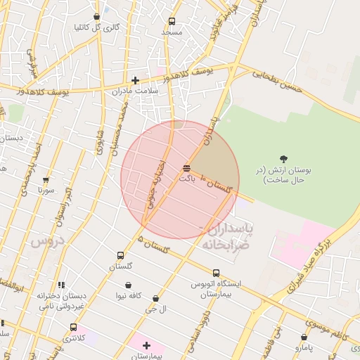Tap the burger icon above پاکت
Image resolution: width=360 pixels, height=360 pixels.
[186, 168]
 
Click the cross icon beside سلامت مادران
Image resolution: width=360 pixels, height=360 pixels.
[135, 80]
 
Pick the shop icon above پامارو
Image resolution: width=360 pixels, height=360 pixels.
[304, 337]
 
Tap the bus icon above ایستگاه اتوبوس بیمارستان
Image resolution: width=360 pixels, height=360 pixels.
[216, 273]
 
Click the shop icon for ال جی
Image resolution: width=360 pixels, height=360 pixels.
[155, 299]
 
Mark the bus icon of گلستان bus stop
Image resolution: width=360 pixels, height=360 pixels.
[120, 256]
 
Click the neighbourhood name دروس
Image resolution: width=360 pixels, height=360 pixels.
[47, 241]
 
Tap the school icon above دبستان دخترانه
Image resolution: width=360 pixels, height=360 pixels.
[61, 285]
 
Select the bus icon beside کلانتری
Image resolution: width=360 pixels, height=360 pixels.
[73, 327]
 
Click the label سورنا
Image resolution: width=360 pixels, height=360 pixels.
[46, 190]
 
